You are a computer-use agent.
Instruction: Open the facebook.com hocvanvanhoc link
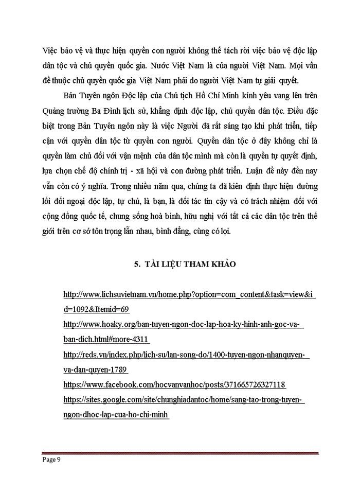coord(174,384)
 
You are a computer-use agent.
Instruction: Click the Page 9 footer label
coord(51,461)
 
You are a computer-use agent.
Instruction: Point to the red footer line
coord(180,453)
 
